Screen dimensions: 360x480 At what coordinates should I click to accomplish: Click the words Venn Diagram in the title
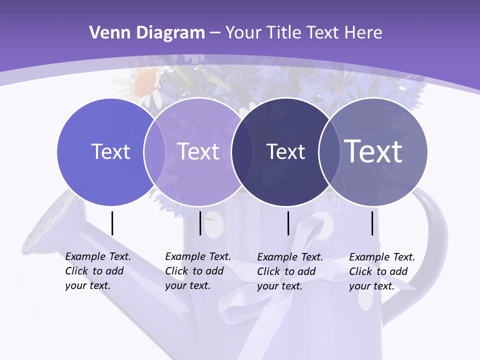(x=147, y=33)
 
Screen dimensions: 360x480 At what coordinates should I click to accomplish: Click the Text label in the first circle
(x=110, y=151)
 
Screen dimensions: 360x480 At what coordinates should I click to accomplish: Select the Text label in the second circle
(x=198, y=151)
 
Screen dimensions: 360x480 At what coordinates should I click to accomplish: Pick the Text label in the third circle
(x=285, y=151)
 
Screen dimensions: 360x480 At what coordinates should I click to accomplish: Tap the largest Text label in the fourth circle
(x=373, y=151)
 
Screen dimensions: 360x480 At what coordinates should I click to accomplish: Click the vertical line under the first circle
(x=112, y=223)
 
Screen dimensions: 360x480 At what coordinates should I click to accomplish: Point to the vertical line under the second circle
(x=200, y=223)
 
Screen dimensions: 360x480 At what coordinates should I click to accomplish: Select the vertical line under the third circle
(x=288, y=223)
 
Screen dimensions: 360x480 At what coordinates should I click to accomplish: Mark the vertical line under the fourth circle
(x=372, y=223)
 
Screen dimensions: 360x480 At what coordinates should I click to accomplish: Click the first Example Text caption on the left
(x=98, y=271)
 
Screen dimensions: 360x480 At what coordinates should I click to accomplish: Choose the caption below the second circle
(x=198, y=271)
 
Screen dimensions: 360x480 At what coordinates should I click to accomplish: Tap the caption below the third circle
(x=290, y=271)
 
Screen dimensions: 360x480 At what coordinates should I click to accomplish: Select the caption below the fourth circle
(x=382, y=271)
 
